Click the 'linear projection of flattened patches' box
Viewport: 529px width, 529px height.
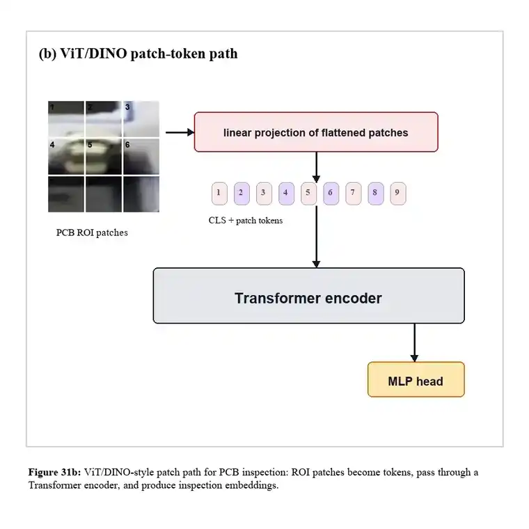tap(316, 132)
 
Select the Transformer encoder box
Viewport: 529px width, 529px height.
tap(308, 296)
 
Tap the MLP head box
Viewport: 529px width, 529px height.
tap(416, 379)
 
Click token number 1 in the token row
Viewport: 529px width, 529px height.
tap(219, 194)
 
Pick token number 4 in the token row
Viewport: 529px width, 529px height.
tap(286, 194)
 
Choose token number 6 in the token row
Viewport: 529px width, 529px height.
tap(331, 194)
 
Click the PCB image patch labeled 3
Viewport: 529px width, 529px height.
tap(141, 119)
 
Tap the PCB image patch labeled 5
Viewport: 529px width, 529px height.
tap(104, 157)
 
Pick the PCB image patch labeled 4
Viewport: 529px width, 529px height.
tap(66, 157)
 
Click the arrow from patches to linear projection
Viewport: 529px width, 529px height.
tap(180, 132)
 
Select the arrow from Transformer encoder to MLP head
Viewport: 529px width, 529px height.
tap(414, 342)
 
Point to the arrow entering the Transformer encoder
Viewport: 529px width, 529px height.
tap(316, 237)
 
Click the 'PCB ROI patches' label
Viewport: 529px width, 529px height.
tap(92, 232)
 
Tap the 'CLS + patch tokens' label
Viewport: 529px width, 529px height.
tap(246, 221)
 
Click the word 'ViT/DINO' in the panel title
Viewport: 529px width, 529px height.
tap(93, 54)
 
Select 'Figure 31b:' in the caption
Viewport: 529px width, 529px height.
tap(55, 472)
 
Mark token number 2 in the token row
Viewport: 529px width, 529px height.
tap(242, 194)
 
